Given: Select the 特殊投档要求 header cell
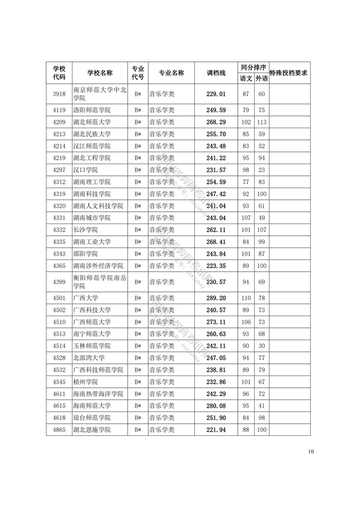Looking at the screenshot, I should pyautogui.click(x=289, y=73).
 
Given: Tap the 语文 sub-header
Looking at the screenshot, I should pyautogui.click(x=246, y=78).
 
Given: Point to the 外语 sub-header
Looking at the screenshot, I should pyautogui.click(x=261, y=78).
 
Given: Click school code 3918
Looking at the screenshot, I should pyautogui.click(x=59, y=94).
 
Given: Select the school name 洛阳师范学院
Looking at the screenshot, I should pyautogui.click(x=92, y=110).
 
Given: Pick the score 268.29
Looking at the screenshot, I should pyautogui.click(x=216, y=122).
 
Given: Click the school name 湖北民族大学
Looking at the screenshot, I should pyautogui.click(x=92, y=134).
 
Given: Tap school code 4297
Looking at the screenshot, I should pyautogui.click(x=59, y=170).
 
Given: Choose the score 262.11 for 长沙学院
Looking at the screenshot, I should pyautogui.click(x=216, y=230).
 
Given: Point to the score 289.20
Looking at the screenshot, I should pyautogui.click(x=216, y=298).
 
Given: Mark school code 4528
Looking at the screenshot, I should pyautogui.click(x=59, y=358).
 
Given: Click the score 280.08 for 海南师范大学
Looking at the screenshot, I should pyautogui.click(x=216, y=406).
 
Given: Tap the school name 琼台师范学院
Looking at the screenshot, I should pyautogui.click(x=92, y=418).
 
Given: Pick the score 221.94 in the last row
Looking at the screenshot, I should pyautogui.click(x=216, y=430).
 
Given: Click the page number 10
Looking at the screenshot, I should pyautogui.click(x=311, y=452).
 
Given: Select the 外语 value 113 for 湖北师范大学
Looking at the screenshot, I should pyautogui.click(x=261, y=122).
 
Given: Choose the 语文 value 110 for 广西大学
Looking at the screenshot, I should pyautogui.click(x=246, y=298).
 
